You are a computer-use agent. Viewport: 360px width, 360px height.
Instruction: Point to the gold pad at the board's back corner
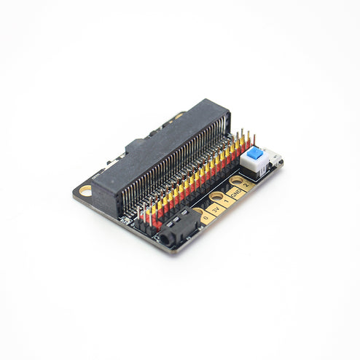pyautogui.click(x=179, y=114)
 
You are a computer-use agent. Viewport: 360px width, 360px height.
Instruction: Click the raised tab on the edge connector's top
pyautogui.click(x=138, y=144)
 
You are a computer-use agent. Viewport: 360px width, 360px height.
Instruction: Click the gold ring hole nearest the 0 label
pyautogui.click(x=198, y=212)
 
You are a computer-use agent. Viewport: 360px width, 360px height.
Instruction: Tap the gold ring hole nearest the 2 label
pyautogui.click(x=237, y=180)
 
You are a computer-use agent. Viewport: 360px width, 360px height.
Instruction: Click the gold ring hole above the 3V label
pyautogui.click(x=216, y=196)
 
